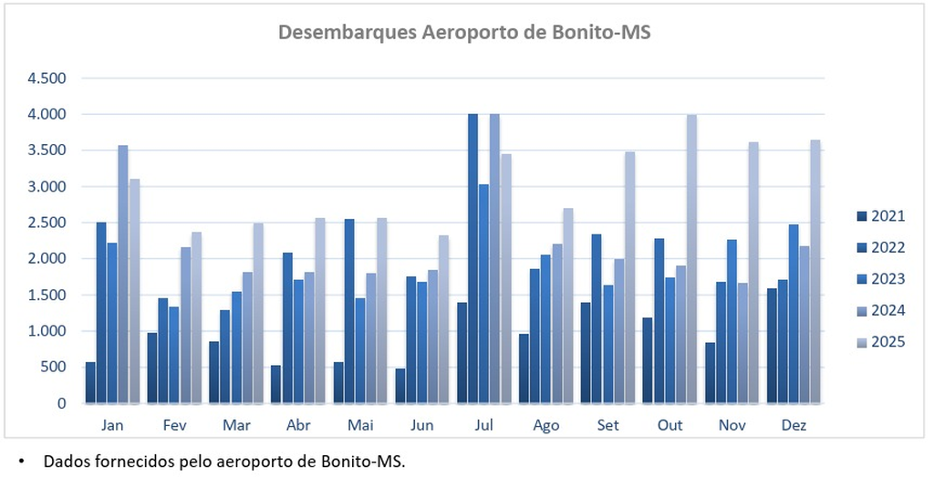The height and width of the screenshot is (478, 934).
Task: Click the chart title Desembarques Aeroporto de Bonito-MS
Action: point(463,33)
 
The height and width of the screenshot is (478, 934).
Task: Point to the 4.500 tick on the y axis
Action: point(47,78)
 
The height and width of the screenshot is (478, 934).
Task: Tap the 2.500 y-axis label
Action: point(47,223)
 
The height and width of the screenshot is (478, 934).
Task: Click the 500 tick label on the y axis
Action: point(54,367)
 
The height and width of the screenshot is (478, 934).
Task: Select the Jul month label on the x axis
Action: point(484,425)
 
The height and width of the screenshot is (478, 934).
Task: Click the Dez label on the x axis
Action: point(794,425)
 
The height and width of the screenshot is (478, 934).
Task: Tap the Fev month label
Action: point(175,425)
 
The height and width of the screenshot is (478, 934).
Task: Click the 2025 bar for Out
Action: point(691,259)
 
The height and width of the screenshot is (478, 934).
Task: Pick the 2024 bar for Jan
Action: point(123,274)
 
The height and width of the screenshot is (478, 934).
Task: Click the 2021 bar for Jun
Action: point(400,386)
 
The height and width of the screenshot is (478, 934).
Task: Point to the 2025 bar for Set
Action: point(629,277)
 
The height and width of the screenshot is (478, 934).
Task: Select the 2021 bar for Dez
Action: point(772,346)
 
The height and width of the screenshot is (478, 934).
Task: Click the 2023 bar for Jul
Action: point(483,293)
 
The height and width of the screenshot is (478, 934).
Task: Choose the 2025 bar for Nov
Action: point(753,273)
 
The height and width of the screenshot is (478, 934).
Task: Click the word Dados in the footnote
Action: point(63,462)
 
